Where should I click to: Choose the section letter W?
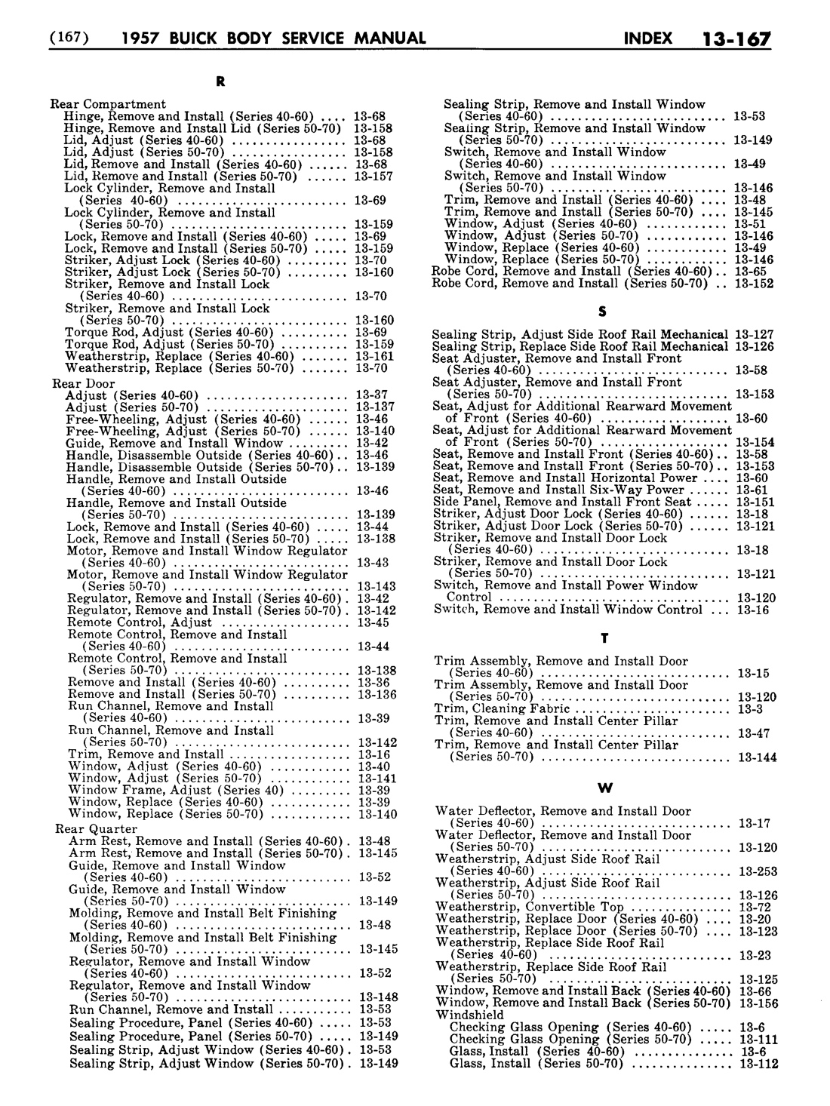pos(604,788)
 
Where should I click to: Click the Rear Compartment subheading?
pos(108,104)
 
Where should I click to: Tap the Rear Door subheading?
pos(83,383)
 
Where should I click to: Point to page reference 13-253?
pos(758,871)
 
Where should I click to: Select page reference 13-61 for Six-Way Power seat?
pos(752,490)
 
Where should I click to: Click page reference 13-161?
pos(373,356)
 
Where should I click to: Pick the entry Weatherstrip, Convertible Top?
pos(530,908)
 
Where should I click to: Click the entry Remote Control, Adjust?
pos(140,623)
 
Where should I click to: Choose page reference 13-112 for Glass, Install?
pos(758,1064)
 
